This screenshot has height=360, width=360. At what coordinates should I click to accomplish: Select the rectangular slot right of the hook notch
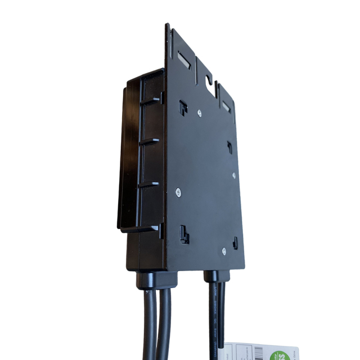[x=226, y=105]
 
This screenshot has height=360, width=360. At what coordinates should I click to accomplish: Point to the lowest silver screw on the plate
[x=224, y=251]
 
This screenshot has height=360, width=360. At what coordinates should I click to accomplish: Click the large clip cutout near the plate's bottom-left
[x=183, y=233]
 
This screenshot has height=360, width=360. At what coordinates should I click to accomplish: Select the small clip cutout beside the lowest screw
[x=235, y=243]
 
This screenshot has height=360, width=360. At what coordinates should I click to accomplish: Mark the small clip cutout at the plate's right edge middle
[x=229, y=147]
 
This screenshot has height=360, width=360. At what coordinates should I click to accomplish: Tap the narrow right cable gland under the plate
[x=214, y=277]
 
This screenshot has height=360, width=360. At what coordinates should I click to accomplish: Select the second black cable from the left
[x=164, y=326]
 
